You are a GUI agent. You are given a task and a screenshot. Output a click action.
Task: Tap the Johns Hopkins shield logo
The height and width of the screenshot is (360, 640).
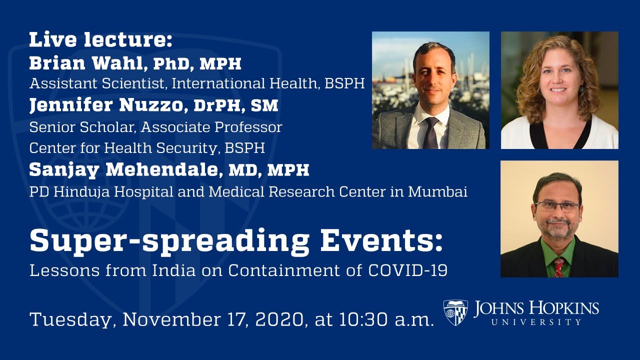(x=455, y=312)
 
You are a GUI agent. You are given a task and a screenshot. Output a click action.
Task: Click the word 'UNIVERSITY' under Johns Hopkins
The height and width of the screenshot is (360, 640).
(x=536, y=322)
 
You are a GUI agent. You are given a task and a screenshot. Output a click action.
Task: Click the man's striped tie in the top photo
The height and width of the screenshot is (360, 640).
(x=430, y=132)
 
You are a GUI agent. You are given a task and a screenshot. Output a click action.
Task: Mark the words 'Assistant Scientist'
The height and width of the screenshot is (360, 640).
(x=97, y=84)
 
